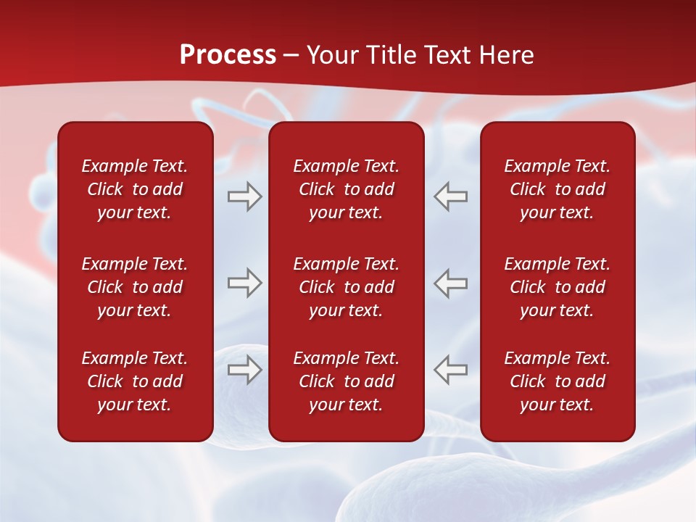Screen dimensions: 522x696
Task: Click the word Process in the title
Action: click(228, 55)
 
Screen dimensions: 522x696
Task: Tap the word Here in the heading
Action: click(507, 55)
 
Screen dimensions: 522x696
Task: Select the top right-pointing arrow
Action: click(245, 196)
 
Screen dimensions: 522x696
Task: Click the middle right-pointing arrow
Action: click(245, 283)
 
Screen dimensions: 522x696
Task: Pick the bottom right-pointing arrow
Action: click(245, 369)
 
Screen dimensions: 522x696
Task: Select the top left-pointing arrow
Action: click(451, 196)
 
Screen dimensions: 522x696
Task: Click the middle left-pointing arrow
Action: click(451, 283)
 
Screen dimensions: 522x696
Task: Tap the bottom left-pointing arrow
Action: click(451, 369)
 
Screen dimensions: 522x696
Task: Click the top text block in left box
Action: click(135, 189)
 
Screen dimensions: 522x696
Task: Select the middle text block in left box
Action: click(135, 287)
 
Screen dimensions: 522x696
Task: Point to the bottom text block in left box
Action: click(135, 381)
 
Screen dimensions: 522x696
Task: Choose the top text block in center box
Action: click(346, 189)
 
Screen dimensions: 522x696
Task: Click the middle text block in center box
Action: click(346, 287)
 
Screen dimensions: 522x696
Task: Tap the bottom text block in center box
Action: click(346, 381)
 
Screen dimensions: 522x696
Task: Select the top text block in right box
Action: click(557, 189)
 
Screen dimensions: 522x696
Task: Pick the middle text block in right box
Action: click(557, 287)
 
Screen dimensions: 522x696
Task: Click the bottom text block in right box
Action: click(557, 381)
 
